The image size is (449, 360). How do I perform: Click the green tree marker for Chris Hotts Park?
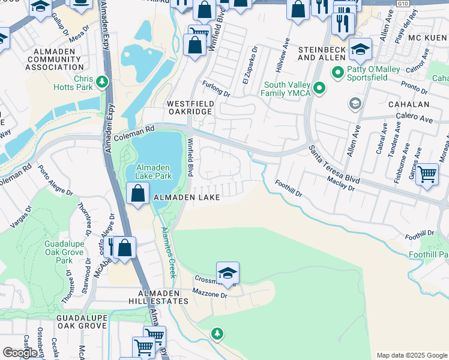click(102, 80)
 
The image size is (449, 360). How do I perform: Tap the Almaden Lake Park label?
click(154, 172)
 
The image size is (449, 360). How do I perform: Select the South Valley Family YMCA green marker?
click(320, 89)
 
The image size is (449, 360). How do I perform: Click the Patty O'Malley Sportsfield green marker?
click(338, 74)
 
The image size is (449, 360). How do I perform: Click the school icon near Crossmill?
click(228, 274)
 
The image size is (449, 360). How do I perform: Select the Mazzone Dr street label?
click(210, 295)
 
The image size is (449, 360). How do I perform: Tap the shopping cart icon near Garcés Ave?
click(427, 175)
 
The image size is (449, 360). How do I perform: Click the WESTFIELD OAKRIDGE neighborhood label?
click(190, 107)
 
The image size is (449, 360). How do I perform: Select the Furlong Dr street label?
click(216, 89)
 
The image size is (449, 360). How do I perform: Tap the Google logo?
click(20, 353)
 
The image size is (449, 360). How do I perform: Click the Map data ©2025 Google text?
click(411, 355)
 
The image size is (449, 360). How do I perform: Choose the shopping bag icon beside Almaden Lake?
click(138, 194)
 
